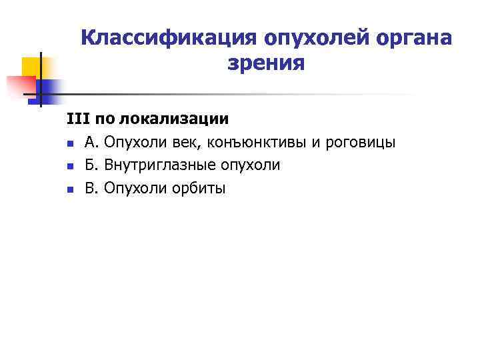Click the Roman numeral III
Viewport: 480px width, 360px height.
tap(77, 120)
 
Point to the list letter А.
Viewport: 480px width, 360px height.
tap(91, 143)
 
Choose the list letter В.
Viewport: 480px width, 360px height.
tap(91, 189)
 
